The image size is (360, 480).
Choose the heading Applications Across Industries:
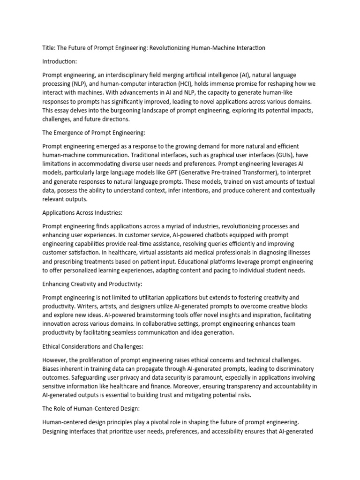pos(82,212)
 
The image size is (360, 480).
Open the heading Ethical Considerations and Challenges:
pos(92,346)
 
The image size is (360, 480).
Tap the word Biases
pos(52,369)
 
